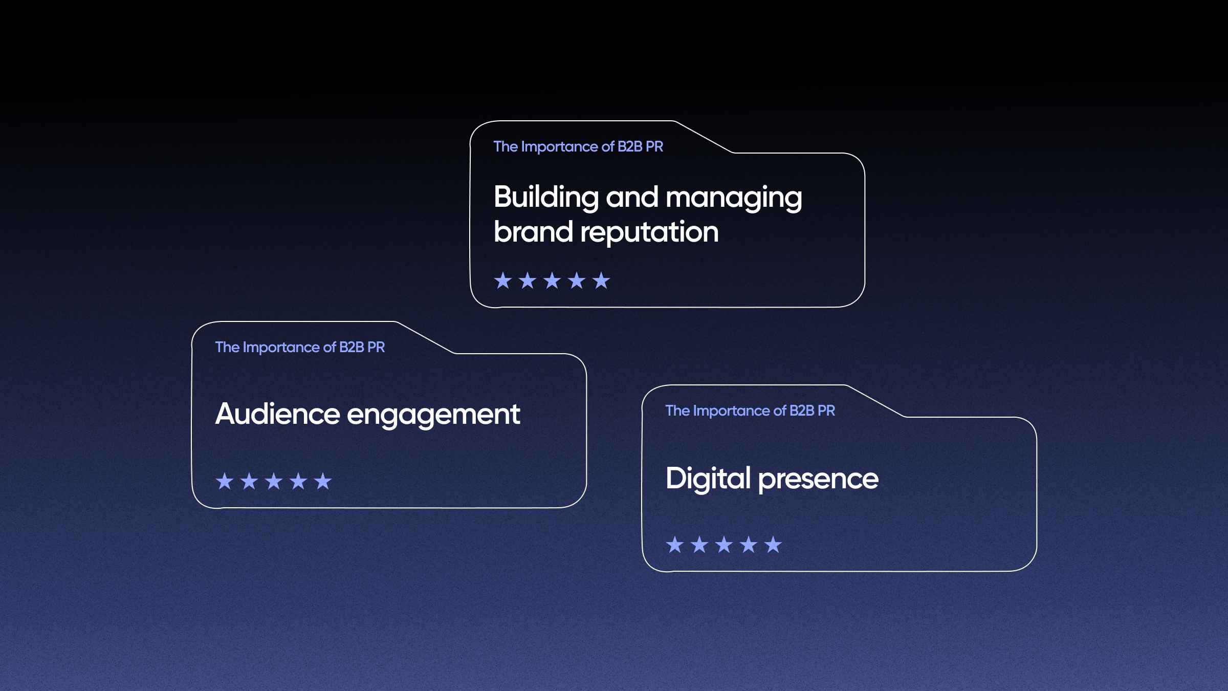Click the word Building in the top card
pyautogui.click(x=546, y=198)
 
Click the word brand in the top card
pyautogui.click(x=533, y=231)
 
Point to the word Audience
pyautogui.click(x=277, y=414)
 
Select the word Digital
pyautogui.click(x=708, y=479)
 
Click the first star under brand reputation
pyautogui.click(x=503, y=280)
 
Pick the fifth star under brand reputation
pyautogui.click(x=601, y=280)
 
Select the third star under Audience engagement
pyautogui.click(x=274, y=481)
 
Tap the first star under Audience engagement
pyautogui.click(x=225, y=481)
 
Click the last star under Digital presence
pyautogui.click(x=773, y=545)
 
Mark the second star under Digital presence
pyautogui.click(x=699, y=545)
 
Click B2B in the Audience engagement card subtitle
pyautogui.click(x=352, y=347)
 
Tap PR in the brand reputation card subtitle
pyautogui.click(x=654, y=146)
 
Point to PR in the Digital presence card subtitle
pyautogui.click(x=826, y=411)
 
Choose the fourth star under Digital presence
pyautogui.click(x=749, y=545)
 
